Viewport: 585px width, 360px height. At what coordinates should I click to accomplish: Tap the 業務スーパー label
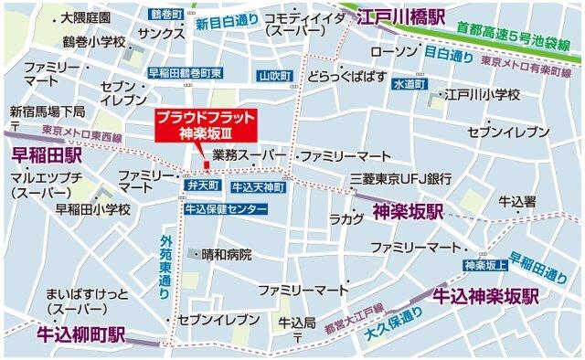242,155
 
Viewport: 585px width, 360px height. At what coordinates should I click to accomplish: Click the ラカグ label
347,219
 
